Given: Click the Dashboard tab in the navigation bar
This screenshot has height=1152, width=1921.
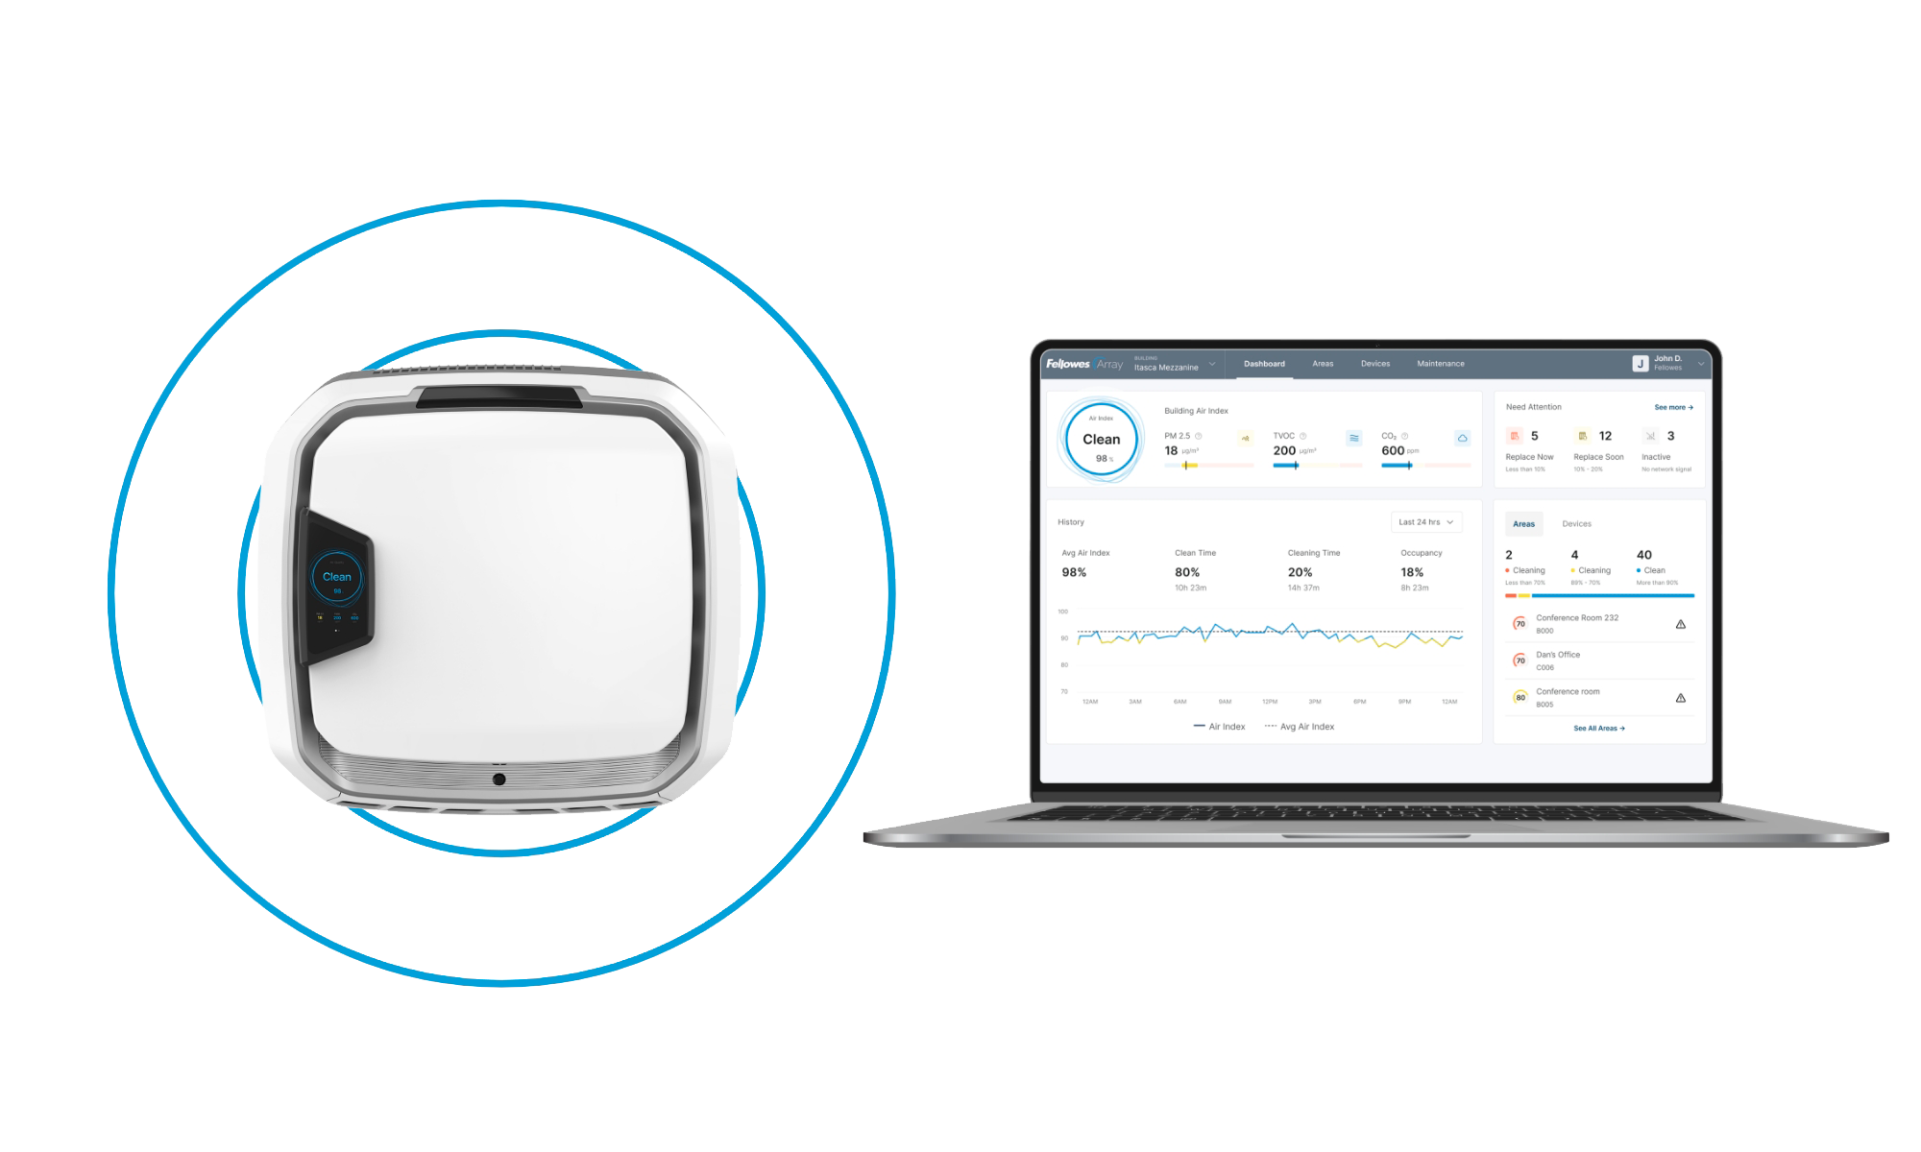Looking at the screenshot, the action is [x=1264, y=364].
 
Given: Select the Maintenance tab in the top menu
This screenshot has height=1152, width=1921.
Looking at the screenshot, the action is [x=1440, y=364].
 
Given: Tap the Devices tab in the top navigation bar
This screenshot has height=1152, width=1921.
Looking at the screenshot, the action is [x=1374, y=364].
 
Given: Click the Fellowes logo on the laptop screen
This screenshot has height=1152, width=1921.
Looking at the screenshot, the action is [x=1068, y=364].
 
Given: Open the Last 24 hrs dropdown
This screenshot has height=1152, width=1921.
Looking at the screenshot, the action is [x=1425, y=522].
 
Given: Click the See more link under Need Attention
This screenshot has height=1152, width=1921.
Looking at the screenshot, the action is [x=1673, y=407].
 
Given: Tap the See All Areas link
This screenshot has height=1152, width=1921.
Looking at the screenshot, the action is [x=1598, y=729].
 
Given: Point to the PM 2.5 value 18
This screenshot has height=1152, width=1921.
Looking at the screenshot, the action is [x=1171, y=450].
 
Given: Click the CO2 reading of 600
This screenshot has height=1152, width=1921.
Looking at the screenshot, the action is [x=1393, y=450].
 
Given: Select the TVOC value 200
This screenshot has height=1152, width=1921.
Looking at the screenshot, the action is [x=1284, y=450].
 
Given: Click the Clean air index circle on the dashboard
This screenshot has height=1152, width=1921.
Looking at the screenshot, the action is [x=1102, y=440].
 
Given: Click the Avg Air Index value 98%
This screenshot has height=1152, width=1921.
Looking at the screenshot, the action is [x=1074, y=572].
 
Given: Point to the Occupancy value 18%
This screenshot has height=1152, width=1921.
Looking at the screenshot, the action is [x=1412, y=572].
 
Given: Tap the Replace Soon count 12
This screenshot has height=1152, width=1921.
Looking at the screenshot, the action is [x=1605, y=436].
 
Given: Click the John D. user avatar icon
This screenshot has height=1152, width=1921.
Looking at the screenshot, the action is [x=1641, y=364].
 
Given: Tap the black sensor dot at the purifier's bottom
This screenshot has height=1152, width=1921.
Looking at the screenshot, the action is [x=498, y=780].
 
